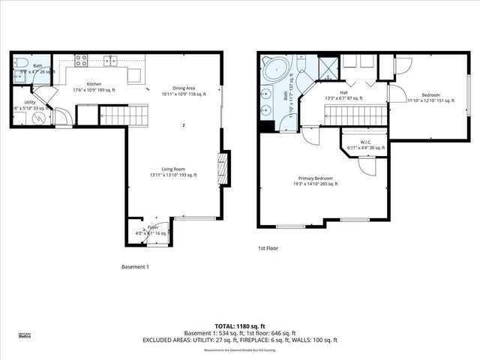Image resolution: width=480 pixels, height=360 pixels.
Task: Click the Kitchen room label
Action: click(94, 84)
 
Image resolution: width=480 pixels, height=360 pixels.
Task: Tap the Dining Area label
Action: click(178, 88)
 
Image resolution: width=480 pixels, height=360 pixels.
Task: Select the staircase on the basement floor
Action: click(114, 115)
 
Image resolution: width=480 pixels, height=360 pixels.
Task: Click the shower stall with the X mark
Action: click(328, 69)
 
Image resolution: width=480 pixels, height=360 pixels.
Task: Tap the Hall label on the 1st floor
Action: click(343, 92)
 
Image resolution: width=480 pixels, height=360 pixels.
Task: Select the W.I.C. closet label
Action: click(367, 142)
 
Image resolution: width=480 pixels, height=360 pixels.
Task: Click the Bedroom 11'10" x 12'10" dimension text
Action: click(430, 100)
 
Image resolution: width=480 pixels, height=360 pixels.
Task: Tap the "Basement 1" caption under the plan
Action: click(136, 266)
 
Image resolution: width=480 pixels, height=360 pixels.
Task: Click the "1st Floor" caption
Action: click(268, 247)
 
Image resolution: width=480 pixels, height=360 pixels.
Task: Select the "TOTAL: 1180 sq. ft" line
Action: click(240, 326)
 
